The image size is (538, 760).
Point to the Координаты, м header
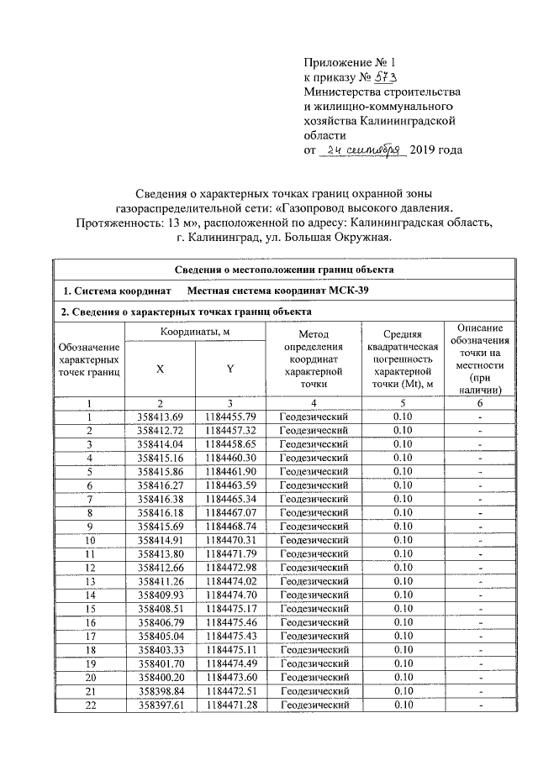[195, 333]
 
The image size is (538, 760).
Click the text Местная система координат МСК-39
[277, 291]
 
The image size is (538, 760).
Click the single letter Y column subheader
[229, 369]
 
